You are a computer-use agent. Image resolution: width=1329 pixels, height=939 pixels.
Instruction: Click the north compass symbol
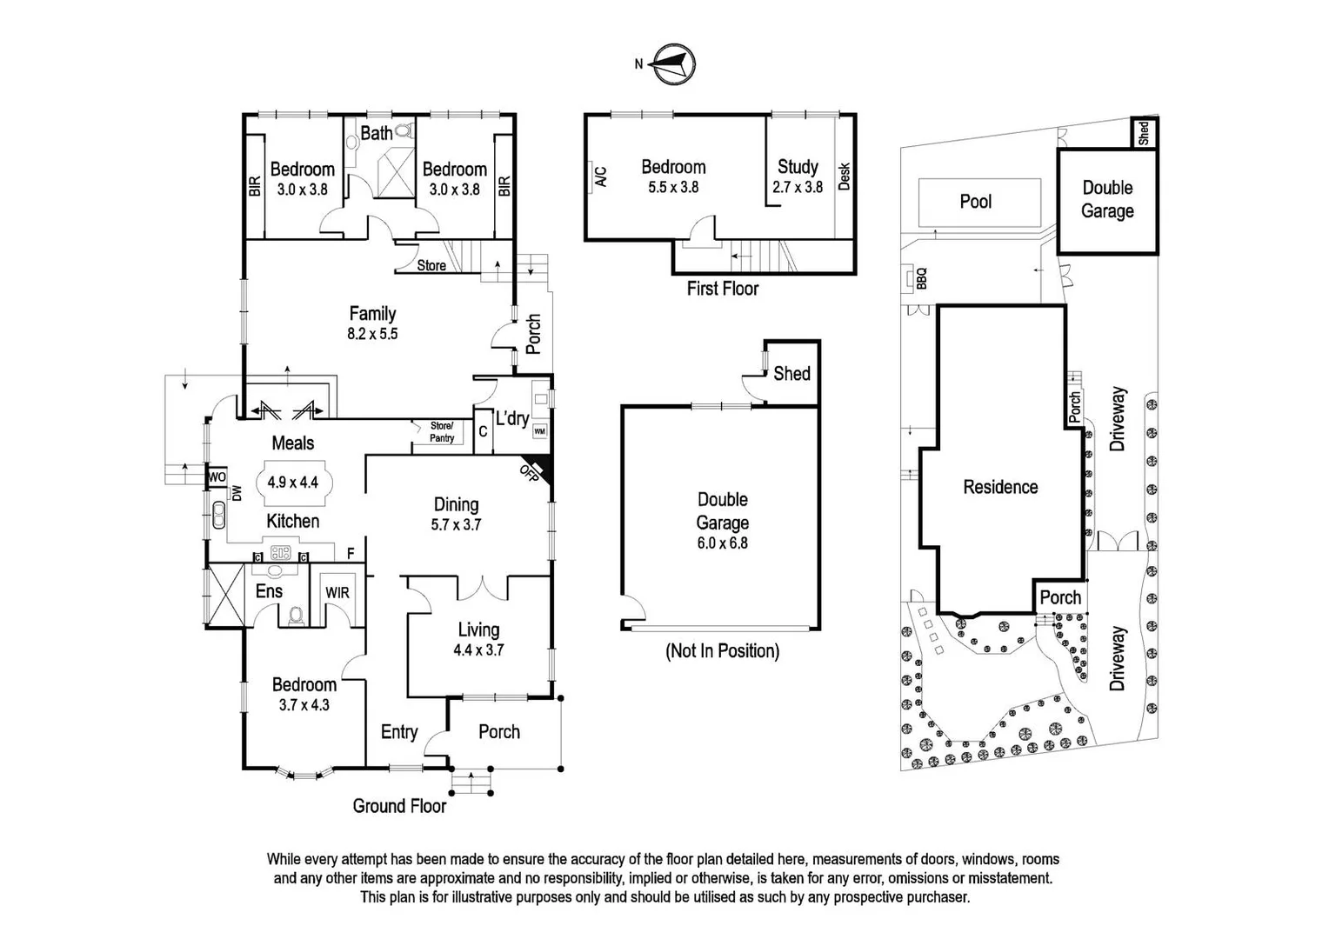(x=674, y=64)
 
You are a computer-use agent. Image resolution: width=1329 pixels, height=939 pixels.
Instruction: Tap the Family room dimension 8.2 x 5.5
(x=372, y=334)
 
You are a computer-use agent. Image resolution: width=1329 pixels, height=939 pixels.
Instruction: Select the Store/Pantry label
(x=442, y=432)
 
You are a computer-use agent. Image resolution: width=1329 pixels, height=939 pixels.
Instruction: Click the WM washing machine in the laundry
(x=539, y=431)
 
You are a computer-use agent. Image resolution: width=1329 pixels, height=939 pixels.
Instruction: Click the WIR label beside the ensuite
(x=337, y=592)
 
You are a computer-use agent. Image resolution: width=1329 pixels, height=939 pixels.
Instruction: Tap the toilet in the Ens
(x=297, y=616)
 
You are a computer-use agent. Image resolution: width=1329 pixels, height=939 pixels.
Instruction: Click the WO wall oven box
(x=217, y=477)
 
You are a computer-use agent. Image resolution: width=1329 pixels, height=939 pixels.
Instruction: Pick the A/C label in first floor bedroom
(x=600, y=176)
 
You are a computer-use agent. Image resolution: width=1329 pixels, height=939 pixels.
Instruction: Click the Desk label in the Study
(x=844, y=176)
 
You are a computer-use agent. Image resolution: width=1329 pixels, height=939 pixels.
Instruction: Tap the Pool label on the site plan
(x=975, y=202)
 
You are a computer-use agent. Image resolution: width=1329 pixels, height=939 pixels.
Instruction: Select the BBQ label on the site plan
(x=922, y=278)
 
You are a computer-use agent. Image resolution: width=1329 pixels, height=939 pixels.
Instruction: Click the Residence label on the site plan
(x=1000, y=487)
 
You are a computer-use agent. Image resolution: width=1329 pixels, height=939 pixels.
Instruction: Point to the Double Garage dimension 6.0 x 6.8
(x=722, y=543)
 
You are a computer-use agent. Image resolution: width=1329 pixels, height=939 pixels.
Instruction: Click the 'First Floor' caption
(x=722, y=289)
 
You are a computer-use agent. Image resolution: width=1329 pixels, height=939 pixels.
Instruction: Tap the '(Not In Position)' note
(x=722, y=650)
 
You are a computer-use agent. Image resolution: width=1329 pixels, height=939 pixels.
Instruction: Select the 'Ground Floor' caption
(x=399, y=806)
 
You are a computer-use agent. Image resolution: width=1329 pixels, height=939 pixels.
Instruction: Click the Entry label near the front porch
(x=399, y=732)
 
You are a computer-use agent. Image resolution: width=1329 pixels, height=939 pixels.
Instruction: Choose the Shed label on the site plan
(x=1144, y=133)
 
